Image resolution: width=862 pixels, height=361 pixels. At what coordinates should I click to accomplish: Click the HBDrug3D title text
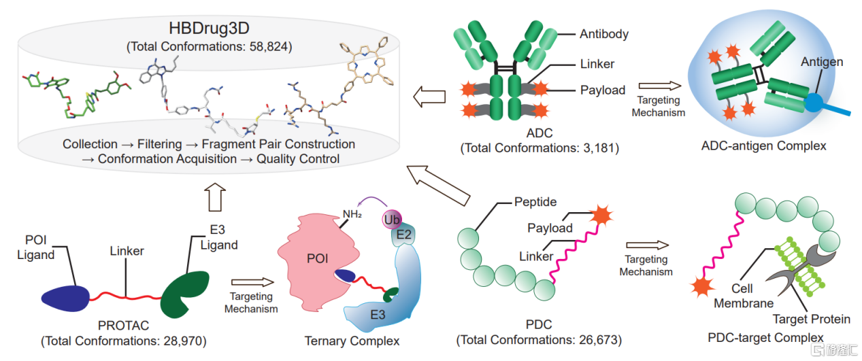[209, 28]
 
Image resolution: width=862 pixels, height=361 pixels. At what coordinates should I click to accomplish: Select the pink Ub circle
[392, 220]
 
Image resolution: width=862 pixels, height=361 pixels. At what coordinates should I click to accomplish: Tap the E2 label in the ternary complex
[403, 235]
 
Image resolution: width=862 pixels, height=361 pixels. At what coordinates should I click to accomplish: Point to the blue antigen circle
[813, 102]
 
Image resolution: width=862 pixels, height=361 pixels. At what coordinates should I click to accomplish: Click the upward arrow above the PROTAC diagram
[215, 197]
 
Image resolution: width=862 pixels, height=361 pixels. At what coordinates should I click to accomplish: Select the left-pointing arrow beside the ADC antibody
[429, 97]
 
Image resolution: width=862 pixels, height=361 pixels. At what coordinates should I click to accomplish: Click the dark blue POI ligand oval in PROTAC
[65, 298]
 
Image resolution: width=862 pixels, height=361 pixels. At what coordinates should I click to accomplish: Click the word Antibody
[603, 34]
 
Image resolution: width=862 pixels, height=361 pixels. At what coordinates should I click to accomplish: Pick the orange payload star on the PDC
[601, 215]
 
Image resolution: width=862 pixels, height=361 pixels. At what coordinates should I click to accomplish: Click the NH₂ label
[352, 213]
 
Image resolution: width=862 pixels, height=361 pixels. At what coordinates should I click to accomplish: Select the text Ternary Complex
[352, 341]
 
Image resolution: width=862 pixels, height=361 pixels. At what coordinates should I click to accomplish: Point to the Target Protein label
[811, 319]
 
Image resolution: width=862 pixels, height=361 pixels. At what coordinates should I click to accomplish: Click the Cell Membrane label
[744, 296]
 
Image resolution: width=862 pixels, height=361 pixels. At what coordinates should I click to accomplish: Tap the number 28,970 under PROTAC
[183, 341]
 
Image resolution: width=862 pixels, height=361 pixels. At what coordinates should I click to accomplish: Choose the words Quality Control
[298, 159]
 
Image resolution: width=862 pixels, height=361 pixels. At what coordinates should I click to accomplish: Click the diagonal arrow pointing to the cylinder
[438, 185]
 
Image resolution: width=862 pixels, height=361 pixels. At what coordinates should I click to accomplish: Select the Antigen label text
[822, 62]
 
